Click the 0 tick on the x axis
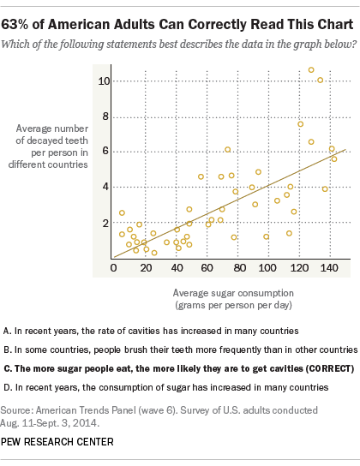click(x=113, y=268)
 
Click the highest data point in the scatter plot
click(x=311, y=70)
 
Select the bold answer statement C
click(x=178, y=368)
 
